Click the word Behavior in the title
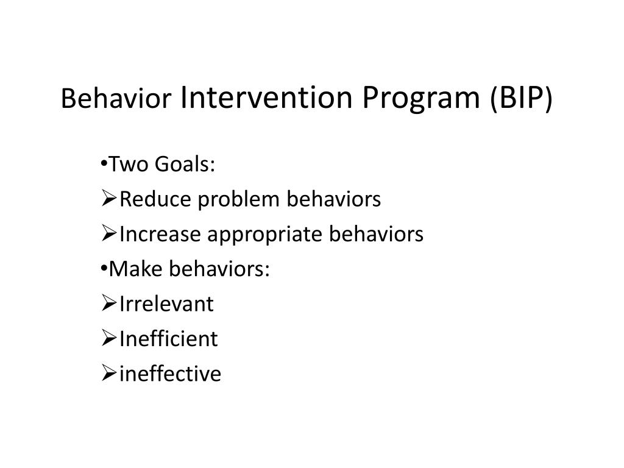pos(116,97)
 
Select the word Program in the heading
pos(421,99)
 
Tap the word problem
pos(238,199)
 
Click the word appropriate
pos(264,235)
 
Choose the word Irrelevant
pos(166,304)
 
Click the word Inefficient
pos(168,339)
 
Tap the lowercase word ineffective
pos(170,374)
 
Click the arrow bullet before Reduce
pos(108,198)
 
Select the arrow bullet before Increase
pos(108,233)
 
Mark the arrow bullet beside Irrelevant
pos(108,303)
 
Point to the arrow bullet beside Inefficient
pos(108,338)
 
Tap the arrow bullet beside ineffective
pos(108,374)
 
